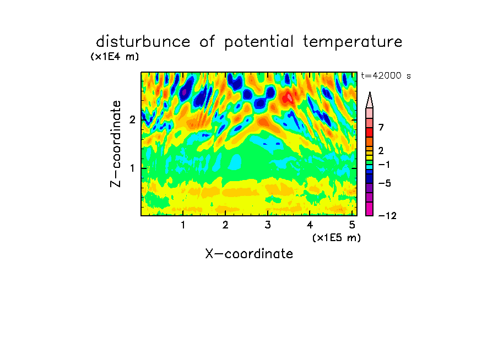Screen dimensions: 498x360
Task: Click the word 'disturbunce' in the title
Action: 143,42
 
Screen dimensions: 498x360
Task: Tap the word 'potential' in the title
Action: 259,42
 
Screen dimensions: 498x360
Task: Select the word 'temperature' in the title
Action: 353,42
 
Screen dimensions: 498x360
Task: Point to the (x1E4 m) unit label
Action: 115,57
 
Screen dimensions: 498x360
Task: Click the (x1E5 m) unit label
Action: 337,237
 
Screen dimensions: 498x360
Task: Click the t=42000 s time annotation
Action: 386,75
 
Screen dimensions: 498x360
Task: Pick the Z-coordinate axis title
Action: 116,144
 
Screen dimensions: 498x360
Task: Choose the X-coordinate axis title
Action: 249,254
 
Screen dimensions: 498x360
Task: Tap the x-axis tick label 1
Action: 183,225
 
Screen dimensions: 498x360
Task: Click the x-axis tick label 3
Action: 268,225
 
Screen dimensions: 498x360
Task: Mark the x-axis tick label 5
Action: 352,225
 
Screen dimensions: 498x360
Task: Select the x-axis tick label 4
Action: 310,225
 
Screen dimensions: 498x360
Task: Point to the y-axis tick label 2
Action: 132,119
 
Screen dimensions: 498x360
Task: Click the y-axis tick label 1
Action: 132,168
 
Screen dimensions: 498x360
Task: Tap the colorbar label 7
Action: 381,128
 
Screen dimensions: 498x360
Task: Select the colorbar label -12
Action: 387,216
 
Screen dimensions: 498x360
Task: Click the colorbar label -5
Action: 385,183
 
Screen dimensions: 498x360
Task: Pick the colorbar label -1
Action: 384,165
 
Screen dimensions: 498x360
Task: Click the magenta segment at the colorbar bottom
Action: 370,209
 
